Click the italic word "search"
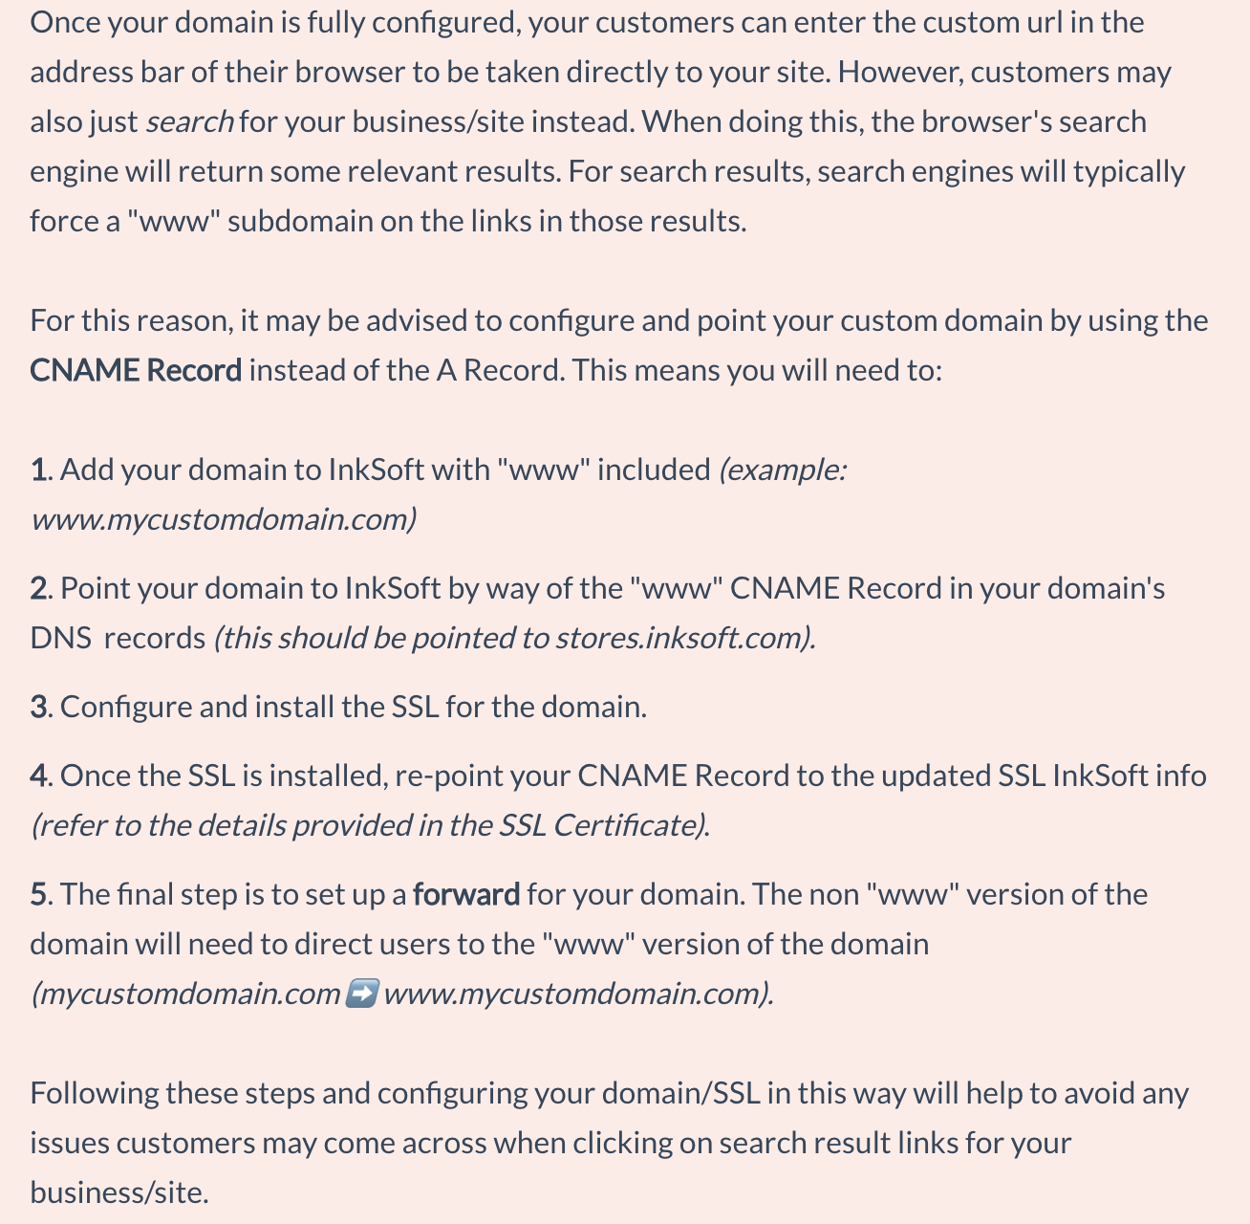pos(189,122)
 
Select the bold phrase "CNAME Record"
pos(136,370)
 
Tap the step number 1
pos(38,470)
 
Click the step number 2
pos(39,588)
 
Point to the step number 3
pos(39,707)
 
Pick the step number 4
pos(39,776)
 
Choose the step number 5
pos(39,894)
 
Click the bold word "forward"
pos(466,894)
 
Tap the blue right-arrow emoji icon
pos(361,994)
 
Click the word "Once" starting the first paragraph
pos(64,22)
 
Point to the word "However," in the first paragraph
pos(899,73)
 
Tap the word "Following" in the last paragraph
pos(94,1093)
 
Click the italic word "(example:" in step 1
pos(783,470)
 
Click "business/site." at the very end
pos(119,1192)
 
